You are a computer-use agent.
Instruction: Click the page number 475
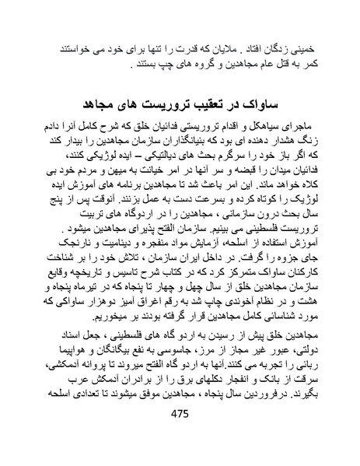coord(180,436)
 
